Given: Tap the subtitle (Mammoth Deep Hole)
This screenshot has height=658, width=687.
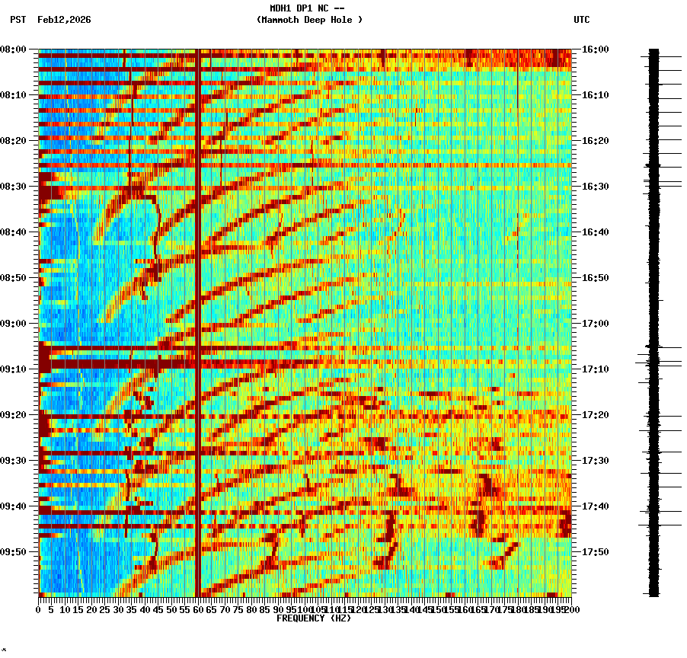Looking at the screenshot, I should [309, 20].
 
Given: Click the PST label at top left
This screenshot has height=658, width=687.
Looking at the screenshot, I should [18, 20].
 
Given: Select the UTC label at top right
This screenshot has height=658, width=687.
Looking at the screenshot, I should [581, 20].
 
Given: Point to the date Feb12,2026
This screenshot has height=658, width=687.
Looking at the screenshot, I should [64, 20].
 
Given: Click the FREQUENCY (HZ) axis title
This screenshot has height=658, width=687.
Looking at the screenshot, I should [314, 618].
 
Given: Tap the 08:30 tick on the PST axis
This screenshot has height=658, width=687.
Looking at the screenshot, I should [14, 187].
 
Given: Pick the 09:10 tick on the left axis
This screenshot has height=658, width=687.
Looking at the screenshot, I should [14, 369].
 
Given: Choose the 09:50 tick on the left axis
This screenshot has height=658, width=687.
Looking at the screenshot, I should [14, 552].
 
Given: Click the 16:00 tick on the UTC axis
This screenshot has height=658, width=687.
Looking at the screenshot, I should [596, 50].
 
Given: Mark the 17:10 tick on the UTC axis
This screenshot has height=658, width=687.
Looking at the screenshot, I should [596, 369].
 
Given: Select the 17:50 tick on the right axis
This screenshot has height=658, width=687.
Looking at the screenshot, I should [596, 552].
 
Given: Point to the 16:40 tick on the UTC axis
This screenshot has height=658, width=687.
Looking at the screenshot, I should [596, 232].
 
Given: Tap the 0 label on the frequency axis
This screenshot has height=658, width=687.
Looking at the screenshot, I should [39, 610].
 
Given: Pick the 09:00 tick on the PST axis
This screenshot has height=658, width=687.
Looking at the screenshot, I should [14, 324].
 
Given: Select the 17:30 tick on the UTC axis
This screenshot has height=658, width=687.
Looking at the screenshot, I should [596, 461].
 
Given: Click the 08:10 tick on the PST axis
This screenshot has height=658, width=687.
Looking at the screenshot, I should [14, 95].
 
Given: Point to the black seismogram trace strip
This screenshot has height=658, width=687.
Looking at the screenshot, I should [653, 320].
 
